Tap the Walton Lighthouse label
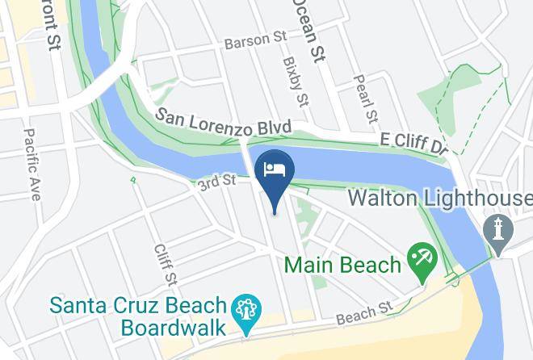[439, 199]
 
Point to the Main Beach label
[342, 265]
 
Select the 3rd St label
[216, 184]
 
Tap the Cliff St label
[164, 265]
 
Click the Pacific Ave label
[33, 164]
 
